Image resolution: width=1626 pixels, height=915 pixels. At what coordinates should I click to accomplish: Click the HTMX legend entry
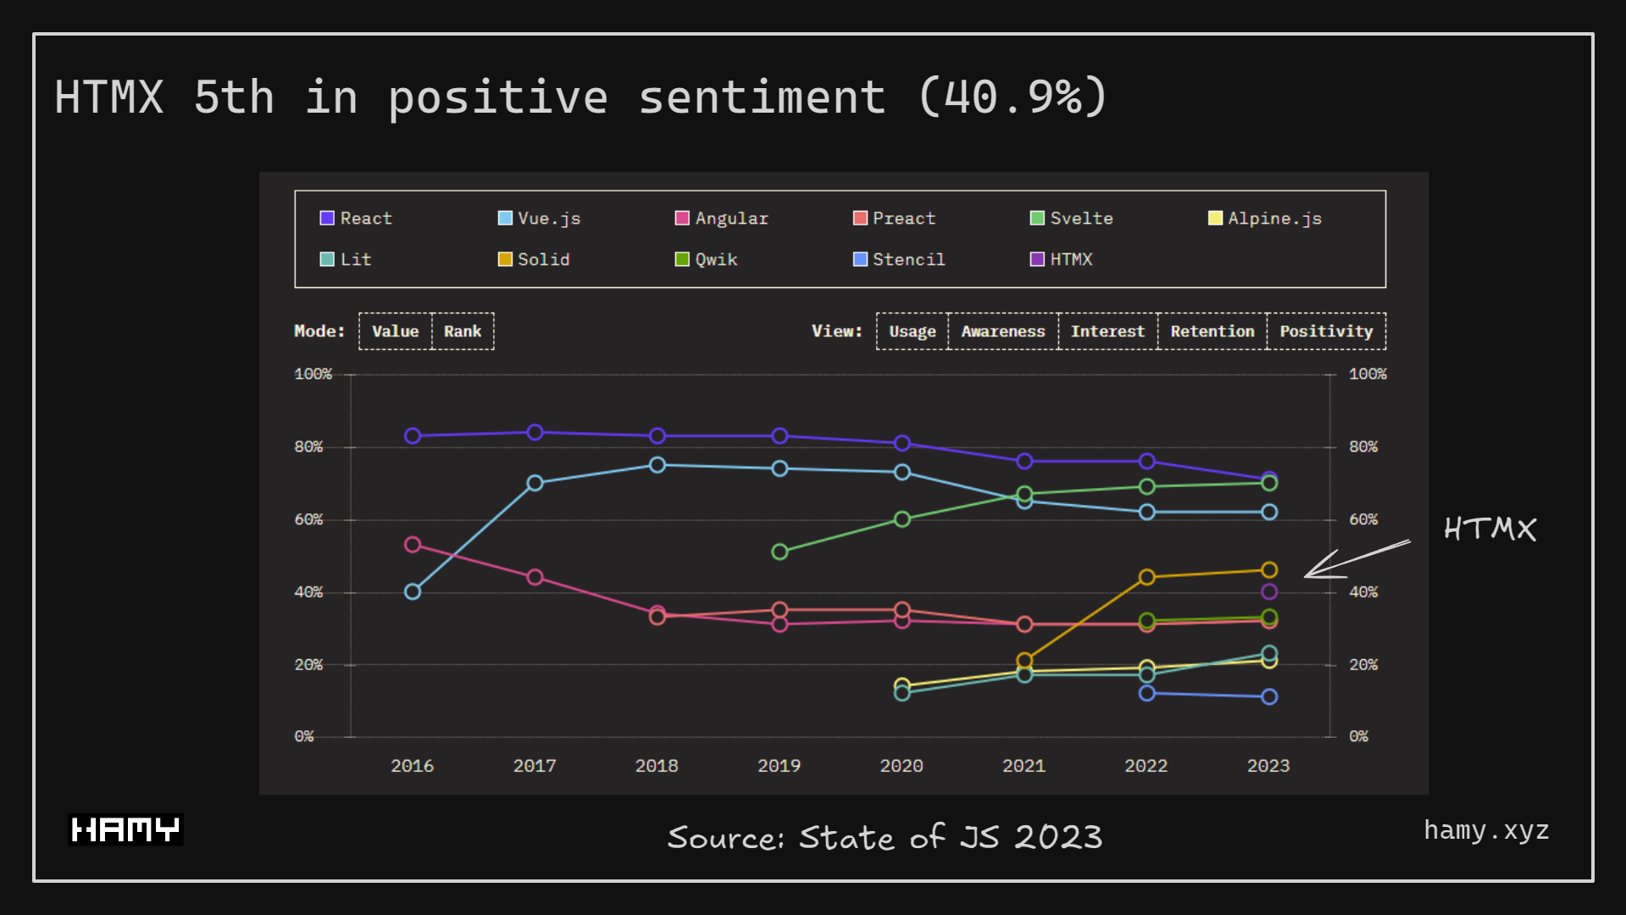pyautogui.click(x=1062, y=259)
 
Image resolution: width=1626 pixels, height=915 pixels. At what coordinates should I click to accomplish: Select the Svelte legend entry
pyautogui.click(x=1072, y=219)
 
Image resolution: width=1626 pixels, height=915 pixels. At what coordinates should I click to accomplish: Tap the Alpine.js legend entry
pyautogui.click(x=1265, y=219)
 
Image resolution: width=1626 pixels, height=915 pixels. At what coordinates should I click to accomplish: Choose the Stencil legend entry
pyautogui.click(x=899, y=259)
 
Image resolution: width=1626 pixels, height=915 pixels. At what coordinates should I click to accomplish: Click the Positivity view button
pyautogui.click(x=1325, y=331)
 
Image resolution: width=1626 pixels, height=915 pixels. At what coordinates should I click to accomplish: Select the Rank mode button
pyautogui.click(x=463, y=331)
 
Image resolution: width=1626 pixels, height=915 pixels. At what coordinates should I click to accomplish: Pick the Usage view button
pyautogui.click(x=912, y=331)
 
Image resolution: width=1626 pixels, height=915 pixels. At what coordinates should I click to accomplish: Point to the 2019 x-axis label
pyautogui.click(x=779, y=766)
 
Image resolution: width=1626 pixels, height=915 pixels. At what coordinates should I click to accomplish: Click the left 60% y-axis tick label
pyautogui.click(x=308, y=519)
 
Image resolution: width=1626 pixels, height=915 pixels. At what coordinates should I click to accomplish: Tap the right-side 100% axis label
pyautogui.click(x=1368, y=374)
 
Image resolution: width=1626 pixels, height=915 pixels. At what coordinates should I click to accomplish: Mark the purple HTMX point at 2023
pyautogui.click(x=1269, y=591)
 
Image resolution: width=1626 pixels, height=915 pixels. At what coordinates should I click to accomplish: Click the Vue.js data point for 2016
pyautogui.click(x=413, y=591)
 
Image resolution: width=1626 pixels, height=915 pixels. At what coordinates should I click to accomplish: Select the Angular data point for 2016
pyautogui.click(x=413, y=544)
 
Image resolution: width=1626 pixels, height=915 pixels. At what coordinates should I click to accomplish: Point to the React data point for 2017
pyautogui.click(x=535, y=432)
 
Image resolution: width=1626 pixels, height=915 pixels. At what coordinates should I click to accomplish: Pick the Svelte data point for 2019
pyautogui.click(x=780, y=552)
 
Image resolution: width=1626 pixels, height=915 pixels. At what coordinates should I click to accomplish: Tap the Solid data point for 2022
pyautogui.click(x=1146, y=577)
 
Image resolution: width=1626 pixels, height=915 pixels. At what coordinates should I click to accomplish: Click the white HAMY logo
pyautogui.click(x=125, y=829)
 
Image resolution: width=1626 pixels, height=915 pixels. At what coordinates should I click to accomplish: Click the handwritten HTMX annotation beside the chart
pyautogui.click(x=1490, y=530)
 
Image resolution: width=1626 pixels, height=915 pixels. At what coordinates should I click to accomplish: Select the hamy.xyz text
pyautogui.click(x=1486, y=830)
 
